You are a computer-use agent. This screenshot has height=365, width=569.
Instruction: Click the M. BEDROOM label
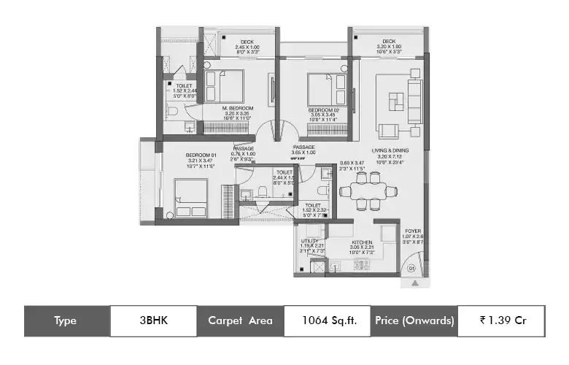tap(237, 108)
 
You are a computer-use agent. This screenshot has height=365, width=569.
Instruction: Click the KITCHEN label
tap(362, 242)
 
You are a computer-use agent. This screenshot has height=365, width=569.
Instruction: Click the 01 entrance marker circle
tap(411, 269)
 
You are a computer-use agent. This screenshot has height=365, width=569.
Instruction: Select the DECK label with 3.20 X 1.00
tap(388, 42)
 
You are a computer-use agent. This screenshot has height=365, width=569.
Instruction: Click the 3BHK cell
tap(152, 320)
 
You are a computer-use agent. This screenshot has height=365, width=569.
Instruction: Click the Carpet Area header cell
tap(240, 320)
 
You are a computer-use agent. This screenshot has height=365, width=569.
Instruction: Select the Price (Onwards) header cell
tap(414, 320)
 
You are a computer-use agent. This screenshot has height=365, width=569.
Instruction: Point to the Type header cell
tap(65, 320)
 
